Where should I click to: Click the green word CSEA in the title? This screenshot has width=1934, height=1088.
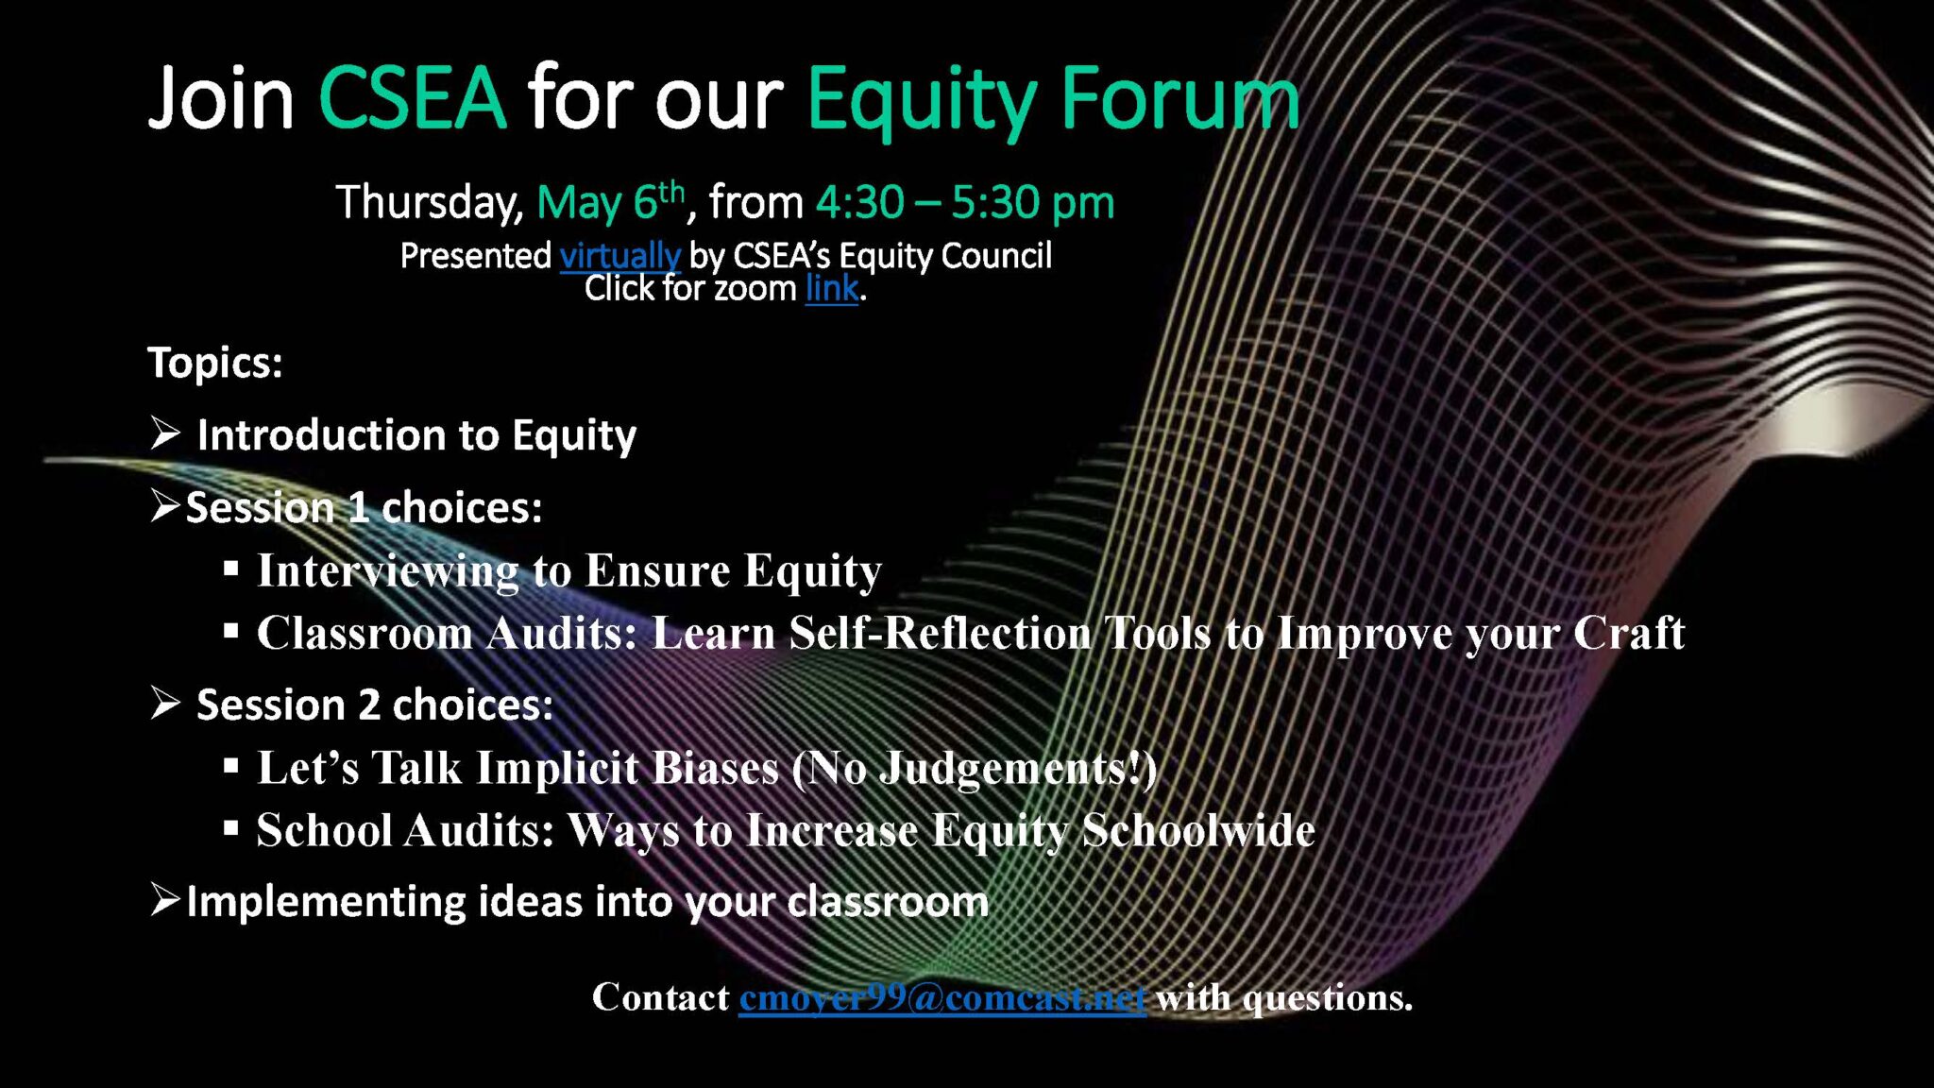pos(412,98)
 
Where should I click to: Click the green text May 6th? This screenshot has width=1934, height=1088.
pos(609,202)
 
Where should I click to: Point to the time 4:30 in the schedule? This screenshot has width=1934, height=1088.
pos(859,202)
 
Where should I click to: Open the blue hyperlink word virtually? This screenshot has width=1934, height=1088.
pos(619,256)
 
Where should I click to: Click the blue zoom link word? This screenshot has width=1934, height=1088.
pos(831,289)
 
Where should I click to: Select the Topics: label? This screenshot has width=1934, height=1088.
pos(215,363)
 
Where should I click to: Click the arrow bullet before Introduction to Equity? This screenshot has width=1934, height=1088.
pos(165,433)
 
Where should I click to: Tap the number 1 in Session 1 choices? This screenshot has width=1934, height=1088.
pos(358,508)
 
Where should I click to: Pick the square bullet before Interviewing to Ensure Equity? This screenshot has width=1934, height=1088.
pos(231,569)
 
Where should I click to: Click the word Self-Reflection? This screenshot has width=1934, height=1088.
pos(940,633)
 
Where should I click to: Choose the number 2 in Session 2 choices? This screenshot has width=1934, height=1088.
pos(368,705)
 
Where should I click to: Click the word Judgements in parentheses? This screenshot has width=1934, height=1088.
pos(1001,768)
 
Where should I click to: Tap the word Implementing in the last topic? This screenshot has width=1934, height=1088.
pos(326,902)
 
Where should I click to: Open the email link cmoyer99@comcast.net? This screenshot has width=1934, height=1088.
pos(942,997)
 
